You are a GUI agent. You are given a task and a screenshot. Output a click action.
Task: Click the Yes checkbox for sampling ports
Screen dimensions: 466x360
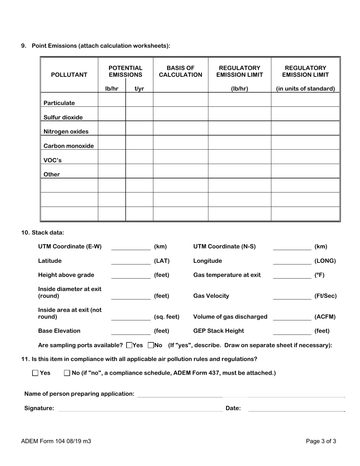[x=129, y=345]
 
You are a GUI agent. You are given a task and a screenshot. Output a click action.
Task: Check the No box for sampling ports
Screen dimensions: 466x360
[x=151, y=345]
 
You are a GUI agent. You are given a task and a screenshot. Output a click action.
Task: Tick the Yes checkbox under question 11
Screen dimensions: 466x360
[x=36, y=373]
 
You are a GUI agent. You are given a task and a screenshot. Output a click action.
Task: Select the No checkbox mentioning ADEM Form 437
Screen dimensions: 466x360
[x=67, y=373]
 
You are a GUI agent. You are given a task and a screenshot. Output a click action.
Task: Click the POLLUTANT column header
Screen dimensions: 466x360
[x=69, y=75]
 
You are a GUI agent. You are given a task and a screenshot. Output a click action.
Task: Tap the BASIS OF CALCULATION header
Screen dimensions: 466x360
[x=180, y=71]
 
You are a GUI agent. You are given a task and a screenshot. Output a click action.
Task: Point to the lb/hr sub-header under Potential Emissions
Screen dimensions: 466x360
[x=112, y=89]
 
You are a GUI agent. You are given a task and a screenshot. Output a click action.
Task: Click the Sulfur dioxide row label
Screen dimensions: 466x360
[x=63, y=117]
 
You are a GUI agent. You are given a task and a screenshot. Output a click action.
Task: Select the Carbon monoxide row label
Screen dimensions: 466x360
[x=69, y=146]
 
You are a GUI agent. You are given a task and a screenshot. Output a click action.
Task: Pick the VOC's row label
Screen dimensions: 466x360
[x=53, y=160]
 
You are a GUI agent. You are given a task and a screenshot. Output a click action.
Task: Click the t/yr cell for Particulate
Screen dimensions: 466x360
[x=139, y=100]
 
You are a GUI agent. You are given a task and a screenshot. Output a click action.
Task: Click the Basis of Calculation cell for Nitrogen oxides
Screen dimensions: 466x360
[x=180, y=128]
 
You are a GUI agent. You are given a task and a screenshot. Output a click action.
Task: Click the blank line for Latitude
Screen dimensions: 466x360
[x=131, y=261]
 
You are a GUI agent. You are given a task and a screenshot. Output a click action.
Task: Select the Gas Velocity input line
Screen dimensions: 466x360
[x=291, y=296]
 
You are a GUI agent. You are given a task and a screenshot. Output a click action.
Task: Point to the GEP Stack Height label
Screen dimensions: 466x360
[x=219, y=331]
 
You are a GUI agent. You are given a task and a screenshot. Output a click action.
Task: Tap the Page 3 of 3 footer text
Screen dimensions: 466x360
[x=321, y=441]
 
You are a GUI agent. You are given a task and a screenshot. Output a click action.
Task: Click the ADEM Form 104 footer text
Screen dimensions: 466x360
[x=56, y=441]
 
